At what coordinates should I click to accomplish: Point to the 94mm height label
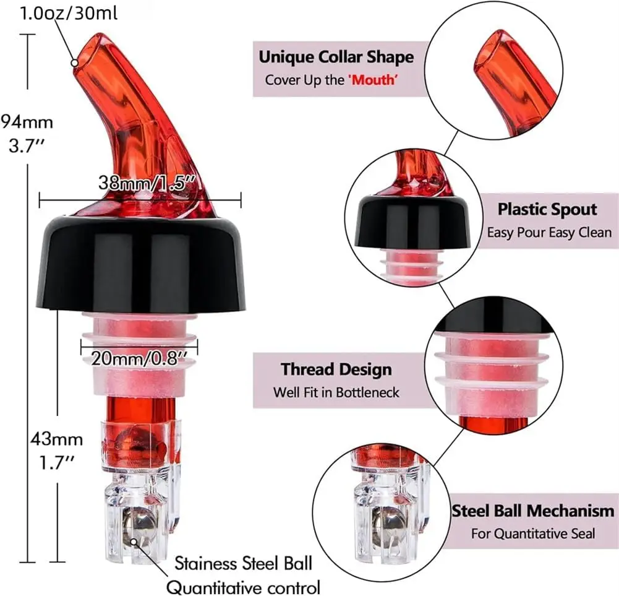point(27,119)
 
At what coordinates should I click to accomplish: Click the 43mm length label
point(56,440)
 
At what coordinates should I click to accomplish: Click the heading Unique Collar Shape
point(336,58)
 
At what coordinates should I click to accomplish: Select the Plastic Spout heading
point(547,209)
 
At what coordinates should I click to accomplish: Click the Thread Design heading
point(336,369)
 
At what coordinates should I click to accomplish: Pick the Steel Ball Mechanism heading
point(532,511)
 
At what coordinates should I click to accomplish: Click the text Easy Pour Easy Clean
point(549,233)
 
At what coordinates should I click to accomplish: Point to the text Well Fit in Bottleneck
point(336,392)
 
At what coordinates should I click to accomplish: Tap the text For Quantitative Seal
point(533,533)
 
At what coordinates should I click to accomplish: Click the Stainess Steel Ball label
point(243,563)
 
